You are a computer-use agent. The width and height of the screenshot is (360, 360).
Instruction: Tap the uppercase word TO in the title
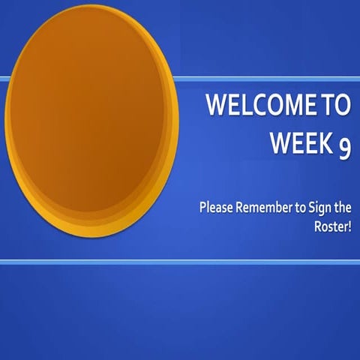[x=335, y=107]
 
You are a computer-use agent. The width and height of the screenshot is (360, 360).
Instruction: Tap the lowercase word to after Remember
[x=300, y=206]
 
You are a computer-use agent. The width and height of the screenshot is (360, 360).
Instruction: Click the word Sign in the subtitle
[x=319, y=207]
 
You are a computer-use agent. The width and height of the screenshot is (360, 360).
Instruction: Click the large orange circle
[x=91, y=120]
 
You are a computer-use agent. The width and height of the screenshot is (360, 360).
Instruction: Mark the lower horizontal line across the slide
[x=180, y=262]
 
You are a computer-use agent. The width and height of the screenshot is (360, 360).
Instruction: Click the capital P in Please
[x=203, y=206]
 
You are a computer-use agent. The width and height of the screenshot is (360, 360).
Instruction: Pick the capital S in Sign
[x=312, y=206]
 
